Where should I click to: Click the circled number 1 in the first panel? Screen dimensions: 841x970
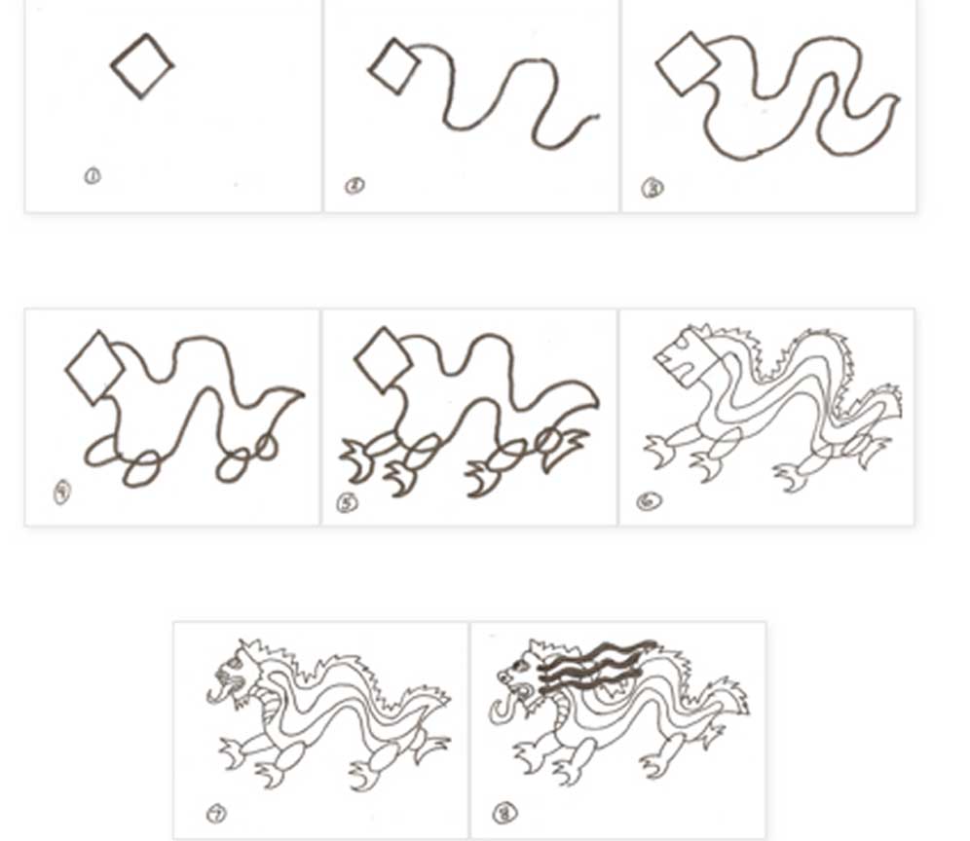click(92, 176)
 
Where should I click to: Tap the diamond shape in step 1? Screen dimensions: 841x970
click(142, 65)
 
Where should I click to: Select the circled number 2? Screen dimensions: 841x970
click(354, 185)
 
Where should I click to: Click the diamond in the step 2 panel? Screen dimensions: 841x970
click(393, 67)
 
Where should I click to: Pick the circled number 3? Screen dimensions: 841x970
click(652, 188)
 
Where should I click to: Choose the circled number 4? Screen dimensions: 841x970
click(62, 494)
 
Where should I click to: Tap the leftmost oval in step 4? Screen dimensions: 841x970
click(100, 451)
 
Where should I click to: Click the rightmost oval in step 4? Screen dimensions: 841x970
click(266, 446)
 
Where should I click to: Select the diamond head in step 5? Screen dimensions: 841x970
click(383, 360)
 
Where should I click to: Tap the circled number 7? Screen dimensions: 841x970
click(215, 813)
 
